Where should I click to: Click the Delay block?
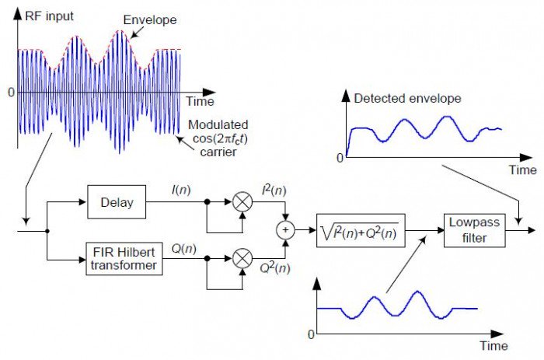click(x=117, y=203)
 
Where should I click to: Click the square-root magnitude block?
click(x=361, y=229)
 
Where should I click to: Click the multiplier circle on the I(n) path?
click(x=243, y=203)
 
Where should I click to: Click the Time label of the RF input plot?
click(x=201, y=101)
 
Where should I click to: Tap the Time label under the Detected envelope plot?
click(x=522, y=170)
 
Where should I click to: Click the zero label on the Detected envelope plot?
click(x=340, y=159)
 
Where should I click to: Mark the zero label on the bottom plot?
click(x=312, y=334)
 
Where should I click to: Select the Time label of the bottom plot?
click(x=493, y=345)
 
